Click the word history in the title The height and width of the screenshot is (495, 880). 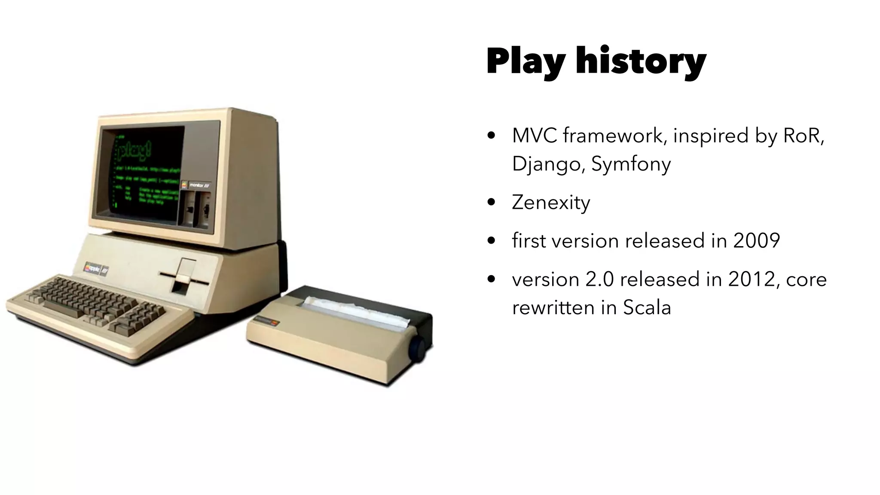point(641,61)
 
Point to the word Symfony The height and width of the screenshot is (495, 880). point(631,164)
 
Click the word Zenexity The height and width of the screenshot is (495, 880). point(551,202)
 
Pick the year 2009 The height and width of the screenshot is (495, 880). point(756,241)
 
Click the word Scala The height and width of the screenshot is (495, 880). point(647,308)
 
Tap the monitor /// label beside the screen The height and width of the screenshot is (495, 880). point(200,184)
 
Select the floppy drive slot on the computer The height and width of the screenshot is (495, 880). point(184,274)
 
